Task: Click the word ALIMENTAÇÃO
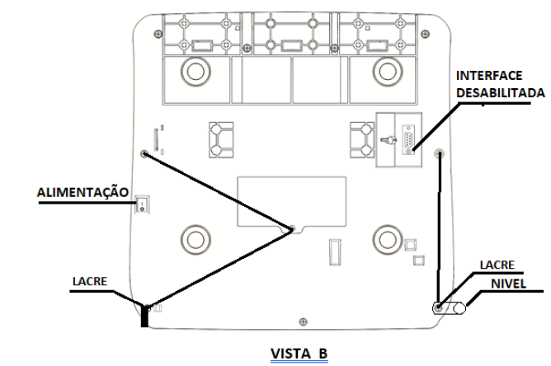pyautogui.click(x=83, y=193)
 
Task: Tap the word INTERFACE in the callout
pyautogui.click(x=489, y=76)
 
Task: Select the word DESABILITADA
pyautogui.click(x=501, y=92)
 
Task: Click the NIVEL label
pyautogui.click(x=508, y=284)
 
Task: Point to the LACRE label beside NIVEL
pyautogui.click(x=497, y=265)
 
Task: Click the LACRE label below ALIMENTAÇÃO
pyautogui.click(x=90, y=281)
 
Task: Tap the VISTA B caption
pyautogui.click(x=299, y=354)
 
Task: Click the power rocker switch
pyautogui.click(x=142, y=204)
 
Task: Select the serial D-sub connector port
pyautogui.click(x=407, y=139)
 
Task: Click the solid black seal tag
pyautogui.click(x=144, y=316)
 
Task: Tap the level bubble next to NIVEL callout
pyautogui.click(x=459, y=308)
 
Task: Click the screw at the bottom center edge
pyautogui.click(x=303, y=321)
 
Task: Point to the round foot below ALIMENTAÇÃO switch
pyautogui.click(x=195, y=240)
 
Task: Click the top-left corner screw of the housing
pyautogui.click(x=158, y=34)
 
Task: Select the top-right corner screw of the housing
pyautogui.click(x=425, y=34)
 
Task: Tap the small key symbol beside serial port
pyautogui.click(x=389, y=140)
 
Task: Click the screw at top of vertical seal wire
pyautogui.click(x=439, y=153)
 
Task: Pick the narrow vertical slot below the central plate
pyautogui.click(x=335, y=252)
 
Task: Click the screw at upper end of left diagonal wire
pyautogui.click(x=144, y=153)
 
